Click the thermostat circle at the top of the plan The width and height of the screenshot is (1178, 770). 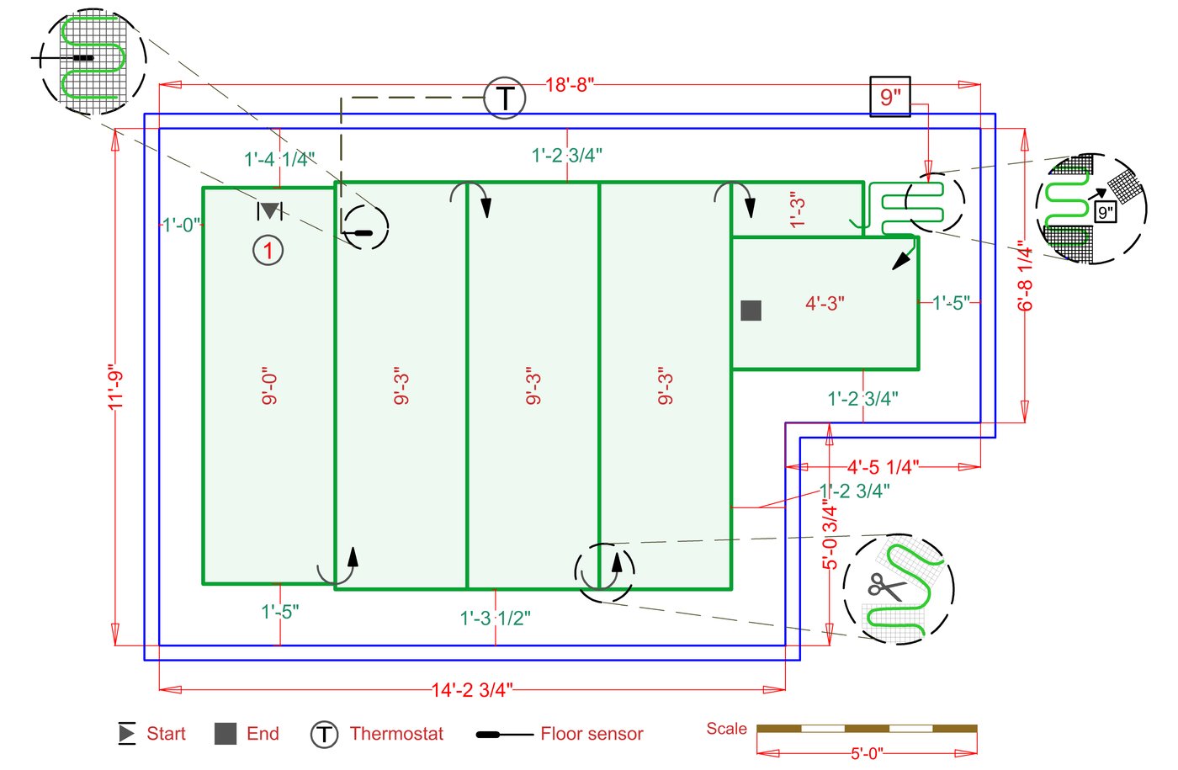505,98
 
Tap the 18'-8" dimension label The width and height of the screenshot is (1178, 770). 570,84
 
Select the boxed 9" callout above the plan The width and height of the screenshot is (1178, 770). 889,97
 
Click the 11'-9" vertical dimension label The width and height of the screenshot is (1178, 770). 116,387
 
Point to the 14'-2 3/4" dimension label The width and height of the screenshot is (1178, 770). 472,690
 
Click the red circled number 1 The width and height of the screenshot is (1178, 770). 268,250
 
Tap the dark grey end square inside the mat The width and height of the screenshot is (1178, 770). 751,311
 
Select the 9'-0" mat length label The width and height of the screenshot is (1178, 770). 269,386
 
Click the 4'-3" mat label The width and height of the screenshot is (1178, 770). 825,303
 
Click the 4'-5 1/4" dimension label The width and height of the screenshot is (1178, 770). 883,467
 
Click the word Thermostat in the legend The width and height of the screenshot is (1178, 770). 396,734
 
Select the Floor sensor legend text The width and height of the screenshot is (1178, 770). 592,734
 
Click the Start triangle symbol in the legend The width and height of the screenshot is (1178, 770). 126,734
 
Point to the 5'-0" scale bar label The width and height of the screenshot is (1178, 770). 866,753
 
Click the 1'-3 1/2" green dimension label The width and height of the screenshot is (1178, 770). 495,619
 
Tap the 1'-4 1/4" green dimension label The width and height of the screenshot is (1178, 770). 279,158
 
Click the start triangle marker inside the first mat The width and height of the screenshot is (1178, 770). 269,210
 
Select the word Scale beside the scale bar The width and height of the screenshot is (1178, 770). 726,729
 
